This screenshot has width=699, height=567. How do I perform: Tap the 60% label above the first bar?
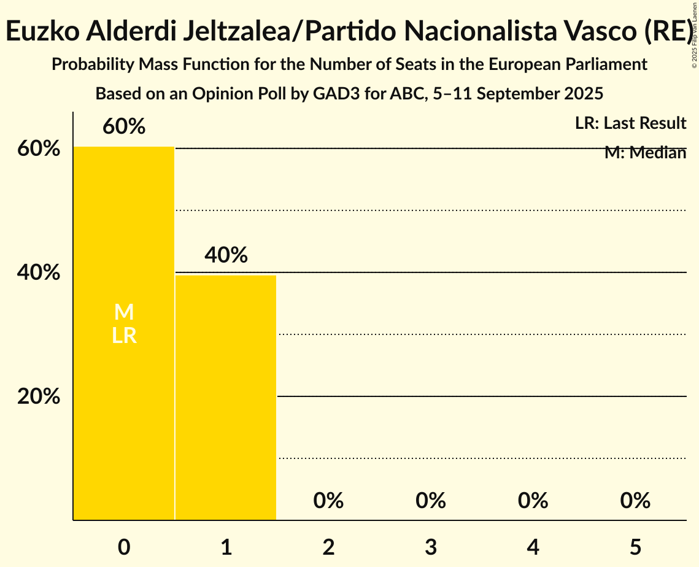[x=124, y=126]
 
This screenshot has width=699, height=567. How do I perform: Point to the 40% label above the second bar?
[x=226, y=255]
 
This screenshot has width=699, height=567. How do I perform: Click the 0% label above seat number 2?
[x=328, y=501]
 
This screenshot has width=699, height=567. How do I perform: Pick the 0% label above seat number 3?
[x=431, y=501]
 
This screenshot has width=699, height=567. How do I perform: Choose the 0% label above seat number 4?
[x=533, y=501]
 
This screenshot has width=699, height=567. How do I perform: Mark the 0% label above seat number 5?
[x=635, y=501]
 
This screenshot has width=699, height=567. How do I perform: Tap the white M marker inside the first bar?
[x=124, y=312]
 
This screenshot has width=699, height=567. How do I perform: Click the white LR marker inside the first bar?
[x=124, y=336]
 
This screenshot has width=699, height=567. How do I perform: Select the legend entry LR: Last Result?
[x=630, y=123]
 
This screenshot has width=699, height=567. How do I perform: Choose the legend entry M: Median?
[x=645, y=153]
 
